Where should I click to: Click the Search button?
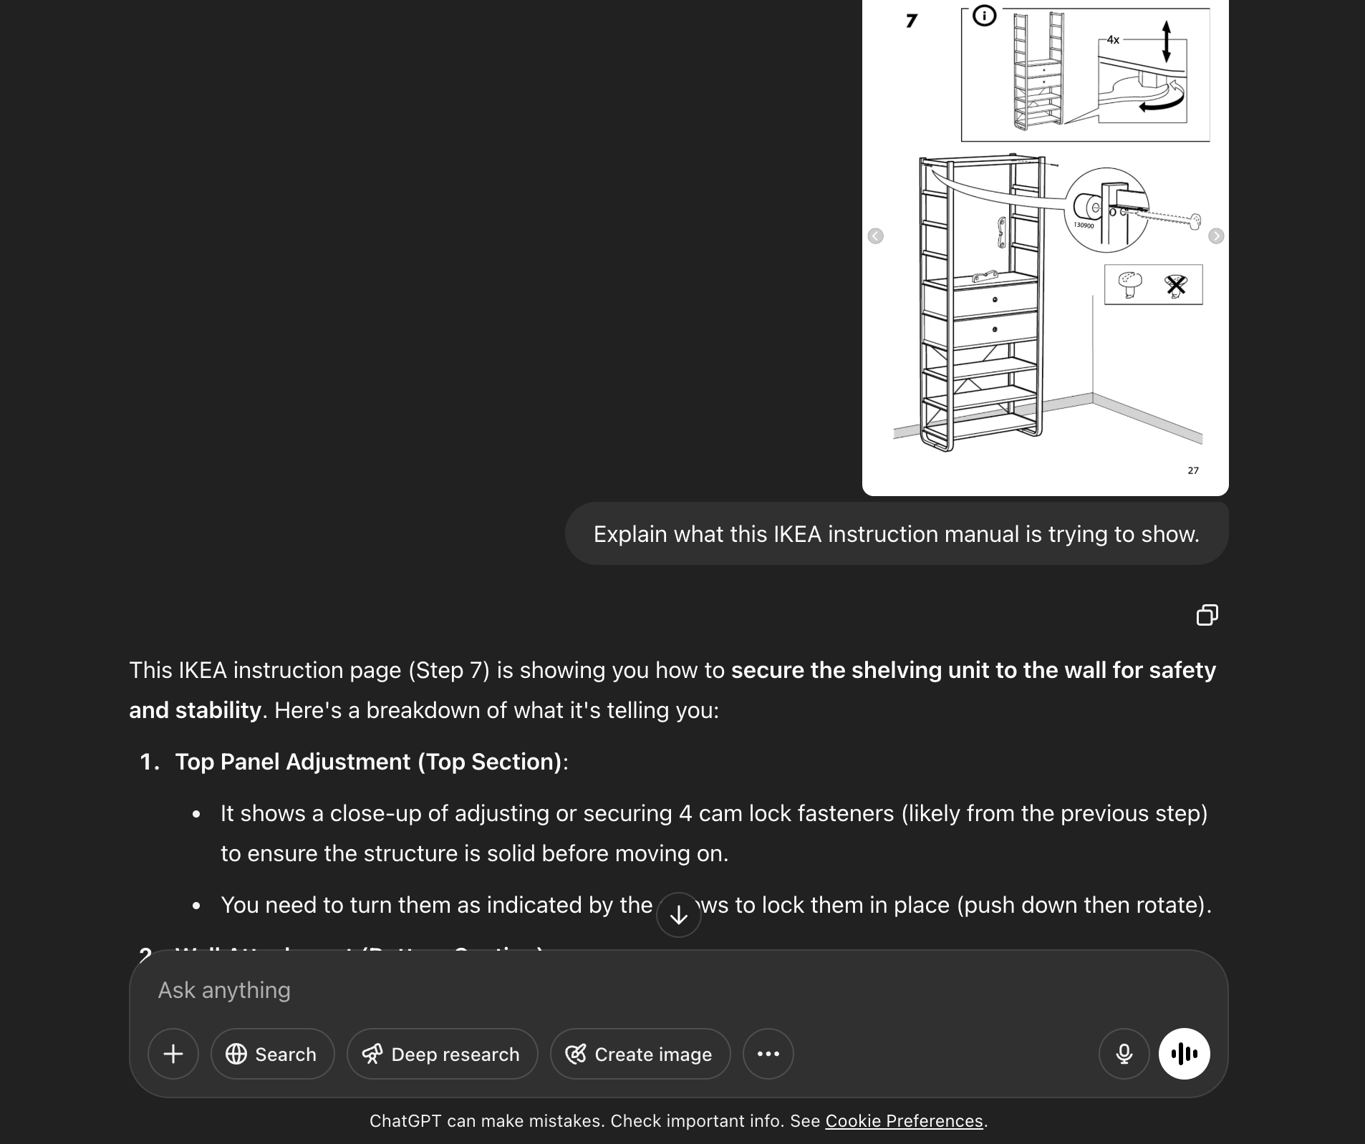click(272, 1054)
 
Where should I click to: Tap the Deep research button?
click(442, 1054)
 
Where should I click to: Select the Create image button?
click(640, 1054)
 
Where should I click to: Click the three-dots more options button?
click(768, 1054)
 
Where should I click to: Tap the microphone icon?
click(1124, 1054)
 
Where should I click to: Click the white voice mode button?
click(1184, 1054)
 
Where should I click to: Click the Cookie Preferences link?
click(904, 1121)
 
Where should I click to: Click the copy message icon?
click(1207, 615)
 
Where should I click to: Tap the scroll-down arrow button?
click(678, 915)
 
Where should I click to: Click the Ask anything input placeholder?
click(224, 990)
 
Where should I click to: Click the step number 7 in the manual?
click(911, 21)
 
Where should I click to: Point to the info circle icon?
click(984, 16)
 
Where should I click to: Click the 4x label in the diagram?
click(1112, 40)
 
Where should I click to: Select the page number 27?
click(1192, 470)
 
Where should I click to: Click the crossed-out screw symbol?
click(1175, 285)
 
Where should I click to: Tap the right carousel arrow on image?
click(1215, 236)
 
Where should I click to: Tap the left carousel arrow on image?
click(875, 236)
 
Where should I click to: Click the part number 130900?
click(1084, 226)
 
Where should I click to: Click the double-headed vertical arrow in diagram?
click(1166, 41)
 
